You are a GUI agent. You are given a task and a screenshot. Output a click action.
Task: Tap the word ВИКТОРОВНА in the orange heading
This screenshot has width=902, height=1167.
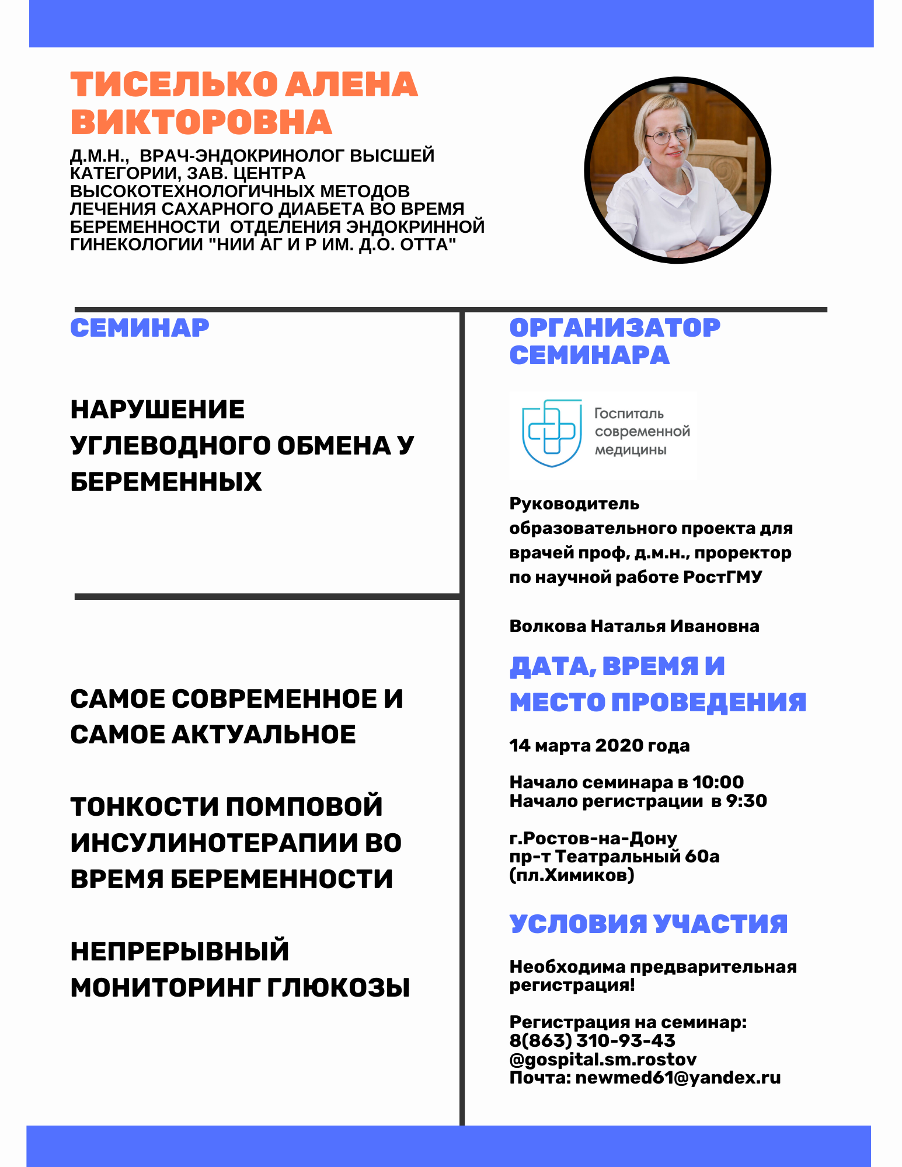(x=201, y=123)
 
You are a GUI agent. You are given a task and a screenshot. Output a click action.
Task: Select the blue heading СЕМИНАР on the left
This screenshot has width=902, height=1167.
(x=140, y=328)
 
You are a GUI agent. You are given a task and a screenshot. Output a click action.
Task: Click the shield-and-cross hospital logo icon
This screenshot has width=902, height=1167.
(x=552, y=432)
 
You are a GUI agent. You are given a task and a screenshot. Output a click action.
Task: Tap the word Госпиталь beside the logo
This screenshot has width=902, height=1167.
(x=629, y=414)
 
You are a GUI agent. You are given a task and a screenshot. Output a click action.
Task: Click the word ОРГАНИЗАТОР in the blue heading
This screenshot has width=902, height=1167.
(x=615, y=328)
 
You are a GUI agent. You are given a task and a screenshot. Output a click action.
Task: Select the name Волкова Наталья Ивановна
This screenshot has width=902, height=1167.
(x=634, y=626)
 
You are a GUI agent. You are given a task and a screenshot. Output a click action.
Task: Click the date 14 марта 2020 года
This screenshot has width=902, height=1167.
(x=599, y=746)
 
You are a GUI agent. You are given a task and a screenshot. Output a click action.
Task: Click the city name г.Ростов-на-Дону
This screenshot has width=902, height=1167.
(x=593, y=838)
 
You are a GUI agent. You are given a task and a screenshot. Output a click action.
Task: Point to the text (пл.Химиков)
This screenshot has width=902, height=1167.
(x=572, y=875)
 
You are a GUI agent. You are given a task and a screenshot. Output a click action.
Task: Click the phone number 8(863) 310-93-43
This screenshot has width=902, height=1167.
(x=592, y=1040)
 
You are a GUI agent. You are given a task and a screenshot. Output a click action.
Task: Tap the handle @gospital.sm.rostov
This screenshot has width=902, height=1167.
(x=603, y=1059)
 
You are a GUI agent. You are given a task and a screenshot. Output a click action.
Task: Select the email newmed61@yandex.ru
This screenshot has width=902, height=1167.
(x=678, y=1078)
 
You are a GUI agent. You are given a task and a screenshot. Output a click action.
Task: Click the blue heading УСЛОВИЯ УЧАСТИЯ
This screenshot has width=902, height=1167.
(x=648, y=924)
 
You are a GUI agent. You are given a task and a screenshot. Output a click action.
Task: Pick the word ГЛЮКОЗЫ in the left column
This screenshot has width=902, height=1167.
(x=339, y=988)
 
